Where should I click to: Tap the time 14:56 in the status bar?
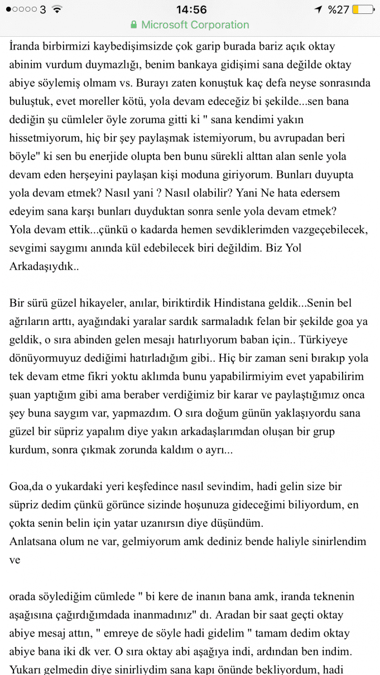pyautogui.click(x=191, y=9)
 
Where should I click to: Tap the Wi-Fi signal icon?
pyautogui.click(x=56, y=9)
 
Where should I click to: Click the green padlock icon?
pyautogui.click(x=133, y=25)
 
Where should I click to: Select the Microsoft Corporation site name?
pyautogui.click(x=195, y=25)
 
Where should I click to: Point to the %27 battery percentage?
pyautogui.click(x=338, y=9)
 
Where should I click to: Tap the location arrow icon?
pyautogui.click(x=319, y=9)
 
